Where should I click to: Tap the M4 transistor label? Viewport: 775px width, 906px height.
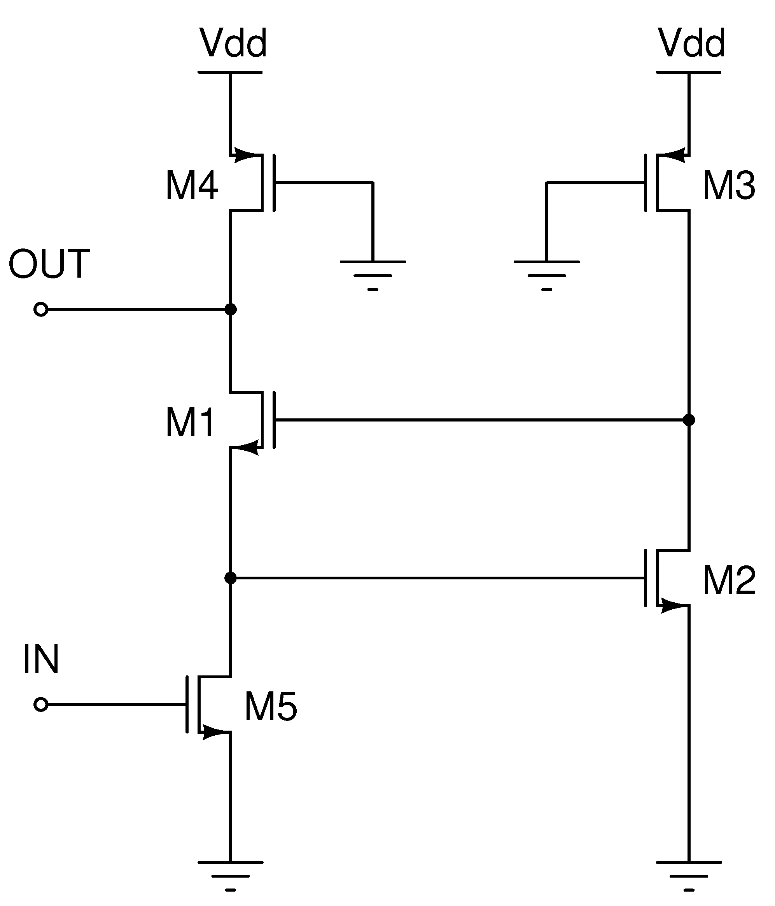point(192,185)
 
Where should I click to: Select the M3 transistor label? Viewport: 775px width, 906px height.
point(729,185)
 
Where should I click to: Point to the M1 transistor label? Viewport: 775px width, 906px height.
point(190,422)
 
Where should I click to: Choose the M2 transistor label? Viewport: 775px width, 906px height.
point(729,580)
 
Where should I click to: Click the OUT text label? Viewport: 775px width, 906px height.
point(49,264)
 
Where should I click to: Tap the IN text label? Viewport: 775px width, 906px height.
point(41,659)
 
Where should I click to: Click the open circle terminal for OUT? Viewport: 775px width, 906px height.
point(41,310)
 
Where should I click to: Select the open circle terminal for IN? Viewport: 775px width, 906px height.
point(41,705)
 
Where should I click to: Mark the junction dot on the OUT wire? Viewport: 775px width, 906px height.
point(231,310)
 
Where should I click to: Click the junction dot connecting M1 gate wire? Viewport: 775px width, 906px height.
point(689,420)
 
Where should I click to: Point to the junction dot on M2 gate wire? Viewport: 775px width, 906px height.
point(231,578)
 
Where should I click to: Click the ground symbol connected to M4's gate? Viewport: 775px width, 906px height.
point(373,274)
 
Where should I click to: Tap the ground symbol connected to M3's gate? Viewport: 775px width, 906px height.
point(546,274)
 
